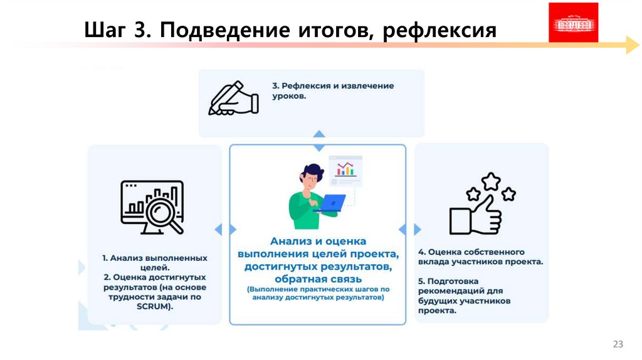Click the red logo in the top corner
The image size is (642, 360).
573,23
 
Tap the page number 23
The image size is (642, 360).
618,344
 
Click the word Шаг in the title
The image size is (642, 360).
104,30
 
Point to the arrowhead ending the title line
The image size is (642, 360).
632,45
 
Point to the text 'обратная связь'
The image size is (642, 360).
318,278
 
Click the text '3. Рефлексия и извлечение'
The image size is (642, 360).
333,86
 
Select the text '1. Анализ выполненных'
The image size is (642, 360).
155,258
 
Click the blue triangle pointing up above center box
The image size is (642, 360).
319,134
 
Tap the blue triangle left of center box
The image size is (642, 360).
218,230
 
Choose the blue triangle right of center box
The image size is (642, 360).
418,230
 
